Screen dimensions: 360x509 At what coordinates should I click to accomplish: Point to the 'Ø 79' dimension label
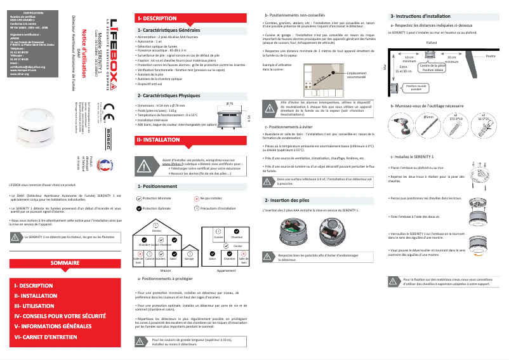pyautogui.click(x=230, y=102)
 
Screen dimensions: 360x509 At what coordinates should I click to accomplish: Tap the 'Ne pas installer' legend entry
pyautogui.click(x=210, y=199)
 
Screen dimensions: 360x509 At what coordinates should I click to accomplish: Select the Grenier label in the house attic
pyautogui.click(x=156, y=230)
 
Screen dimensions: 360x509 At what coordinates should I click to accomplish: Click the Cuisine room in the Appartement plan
pyautogui.click(x=218, y=237)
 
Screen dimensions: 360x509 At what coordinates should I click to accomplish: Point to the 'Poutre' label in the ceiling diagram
pyautogui.click(x=490, y=57)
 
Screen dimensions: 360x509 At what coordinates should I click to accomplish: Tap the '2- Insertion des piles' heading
pyautogui.click(x=287, y=200)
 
